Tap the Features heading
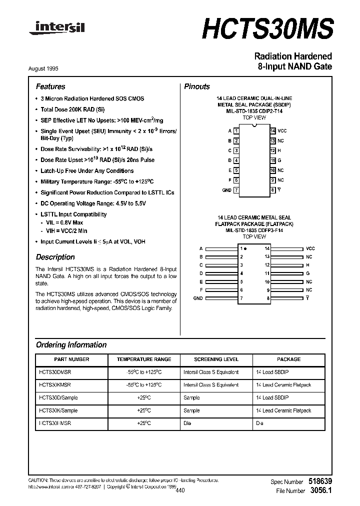50,86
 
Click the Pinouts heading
197,86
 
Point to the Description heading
55,257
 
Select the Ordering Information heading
71,344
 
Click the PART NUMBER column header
71,359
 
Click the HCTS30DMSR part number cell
55,372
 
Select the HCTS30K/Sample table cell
58,410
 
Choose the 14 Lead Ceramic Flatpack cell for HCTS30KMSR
283,385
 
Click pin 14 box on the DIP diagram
272,130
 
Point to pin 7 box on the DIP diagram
236,190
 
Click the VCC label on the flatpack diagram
310,248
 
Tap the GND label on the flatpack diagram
198,298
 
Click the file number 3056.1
320,491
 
